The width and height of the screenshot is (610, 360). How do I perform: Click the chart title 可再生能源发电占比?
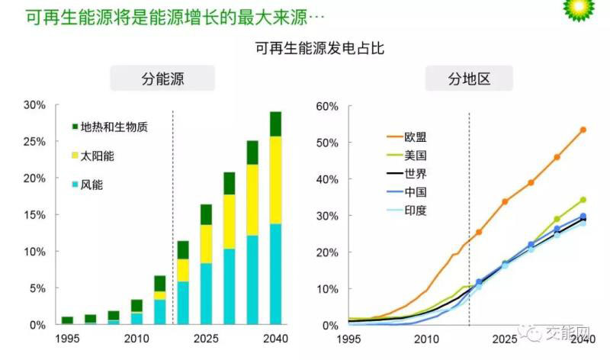point(312,50)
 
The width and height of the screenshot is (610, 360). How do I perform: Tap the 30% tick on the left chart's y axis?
point(35,104)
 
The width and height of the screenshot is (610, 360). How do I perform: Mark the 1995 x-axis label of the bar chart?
point(67,338)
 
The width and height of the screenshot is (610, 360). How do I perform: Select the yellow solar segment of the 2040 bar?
point(275,180)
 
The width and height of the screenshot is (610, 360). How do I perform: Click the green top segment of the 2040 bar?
point(275,124)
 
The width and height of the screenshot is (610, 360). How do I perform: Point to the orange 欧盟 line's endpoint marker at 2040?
point(583,130)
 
